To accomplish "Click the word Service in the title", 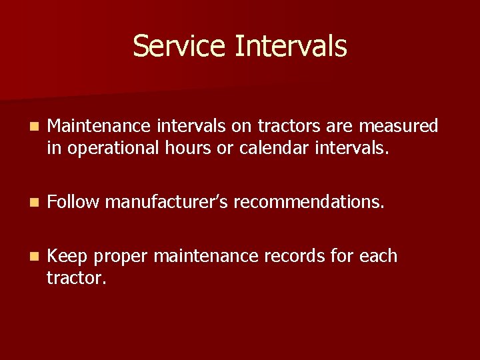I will click(x=180, y=47).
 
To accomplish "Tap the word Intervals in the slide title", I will click(x=291, y=47).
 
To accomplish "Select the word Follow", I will click(x=73, y=201).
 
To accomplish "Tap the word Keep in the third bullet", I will click(x=69, y=257).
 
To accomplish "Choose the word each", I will click(x=378, y=257).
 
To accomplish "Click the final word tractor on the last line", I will click(x=75, y=277).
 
